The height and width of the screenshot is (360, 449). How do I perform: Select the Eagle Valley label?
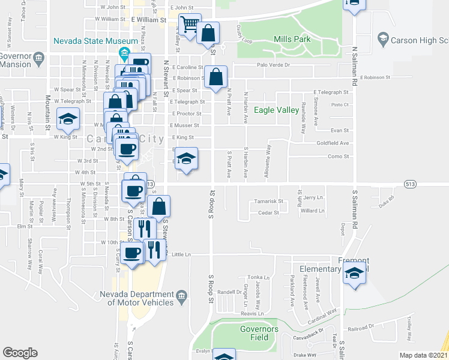pyautogui.click(x=276, y=110)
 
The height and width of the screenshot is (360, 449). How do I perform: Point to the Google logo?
pyautogui.click(x=20, y=353)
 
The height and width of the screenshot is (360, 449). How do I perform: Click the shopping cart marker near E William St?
pyautogui.click(x=190, y=26)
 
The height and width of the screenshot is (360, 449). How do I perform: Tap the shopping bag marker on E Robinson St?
pyautogui.click(x=215, y=77)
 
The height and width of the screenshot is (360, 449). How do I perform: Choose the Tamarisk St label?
pyautogui.click(x=268, y=201)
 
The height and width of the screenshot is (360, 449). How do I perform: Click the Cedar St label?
pyautogui.click(x=268, y=212)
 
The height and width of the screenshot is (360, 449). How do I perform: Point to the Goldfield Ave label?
pyautogui.click(x=334, y=143)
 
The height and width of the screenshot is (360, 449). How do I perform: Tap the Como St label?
pyautogui.click(x=338, y=156)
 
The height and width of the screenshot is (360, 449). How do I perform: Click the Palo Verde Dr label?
pyautogui.click(x=273, y=65)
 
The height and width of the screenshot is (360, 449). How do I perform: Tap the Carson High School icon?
pyautogui.click(x=382, y=39)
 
